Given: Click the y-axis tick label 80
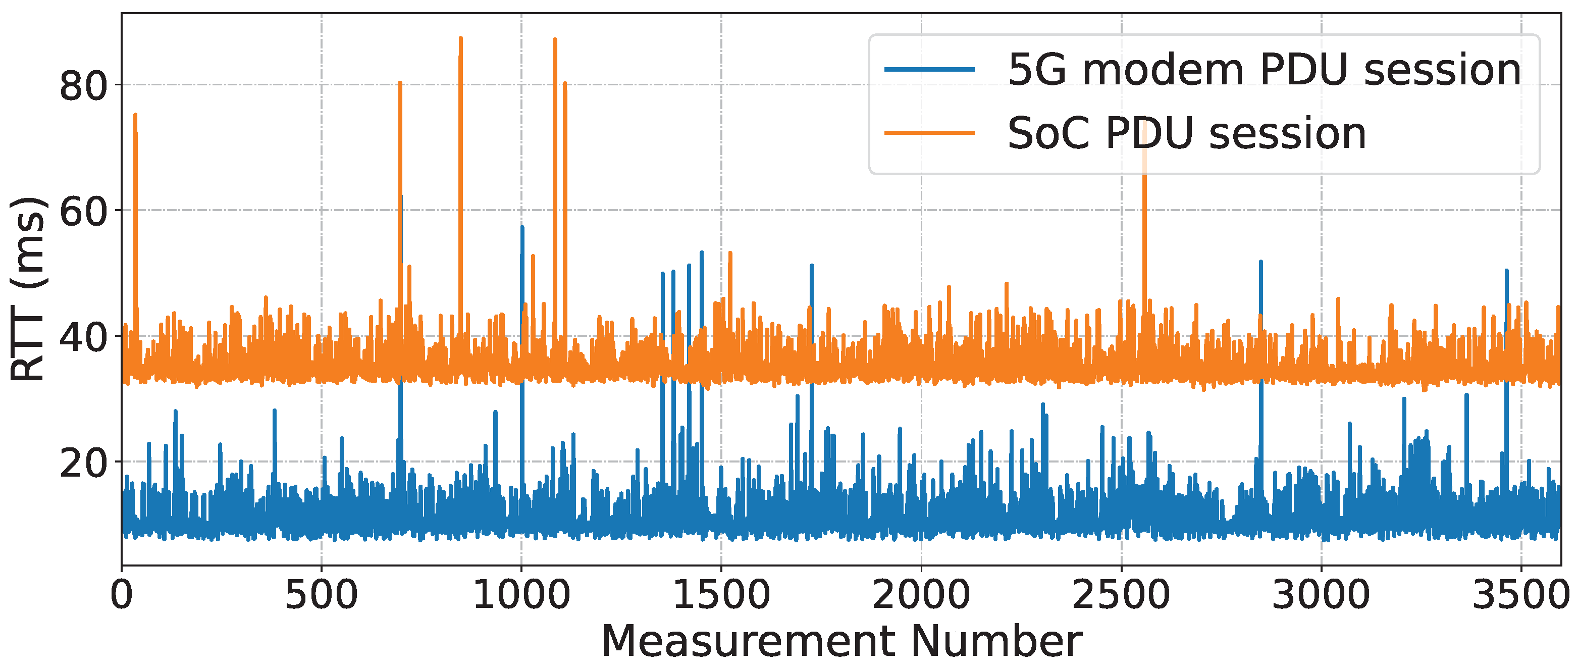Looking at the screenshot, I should (x=84, y=86).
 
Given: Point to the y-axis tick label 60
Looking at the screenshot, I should (x=84, y=212).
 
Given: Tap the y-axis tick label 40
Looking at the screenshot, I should (x=84, y=338).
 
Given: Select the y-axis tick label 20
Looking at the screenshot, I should (x=84, y=464).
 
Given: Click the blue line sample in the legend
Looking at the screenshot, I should (x=929, y=70).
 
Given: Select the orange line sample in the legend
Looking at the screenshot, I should (x=929, y=132).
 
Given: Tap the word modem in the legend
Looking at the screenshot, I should (x=1163, y=70).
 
